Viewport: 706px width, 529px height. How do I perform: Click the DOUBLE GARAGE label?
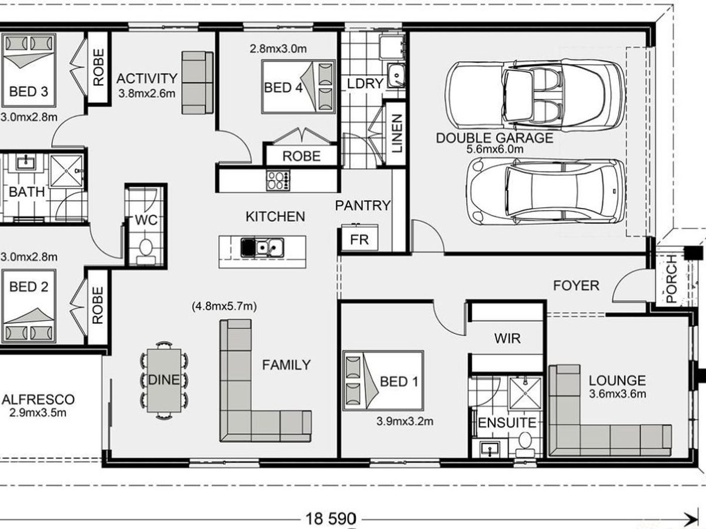click(494, 138)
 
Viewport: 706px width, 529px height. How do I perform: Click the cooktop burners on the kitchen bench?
click(278, 179)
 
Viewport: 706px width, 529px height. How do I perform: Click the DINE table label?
click(164, 380)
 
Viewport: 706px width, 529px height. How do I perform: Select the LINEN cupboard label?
click(397, 132)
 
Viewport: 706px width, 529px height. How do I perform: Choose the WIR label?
click(507, 339)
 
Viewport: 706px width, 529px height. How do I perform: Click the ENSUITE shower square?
click(525, 393)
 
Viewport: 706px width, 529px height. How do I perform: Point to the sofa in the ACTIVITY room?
click(197, 82)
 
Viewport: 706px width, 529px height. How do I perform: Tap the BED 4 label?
click(282, 88)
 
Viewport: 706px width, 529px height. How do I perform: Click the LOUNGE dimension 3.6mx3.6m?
click(617, 393)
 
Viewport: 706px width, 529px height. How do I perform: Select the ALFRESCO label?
click(38, 400)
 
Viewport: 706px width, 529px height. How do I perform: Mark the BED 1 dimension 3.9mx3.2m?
click(404, 421)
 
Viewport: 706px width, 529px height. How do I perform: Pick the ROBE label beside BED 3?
click(98, 68)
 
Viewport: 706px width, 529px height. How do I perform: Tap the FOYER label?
click(576, 286)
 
